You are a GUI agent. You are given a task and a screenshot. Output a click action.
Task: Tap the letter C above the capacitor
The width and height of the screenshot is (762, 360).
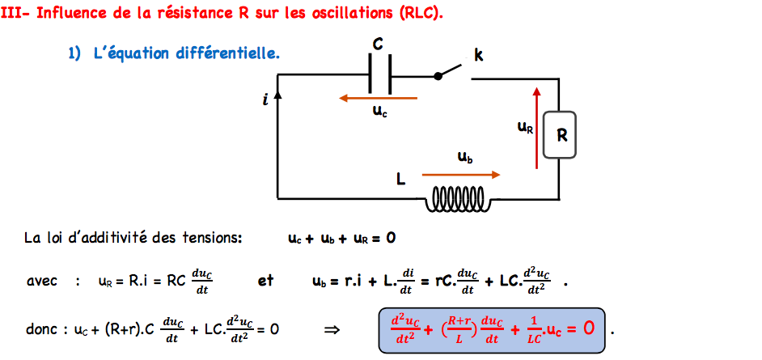point(378,43)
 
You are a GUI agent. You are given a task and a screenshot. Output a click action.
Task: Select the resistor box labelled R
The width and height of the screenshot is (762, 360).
point(561,136)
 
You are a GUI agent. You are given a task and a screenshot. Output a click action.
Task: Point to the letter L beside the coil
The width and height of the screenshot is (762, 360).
point(400,179)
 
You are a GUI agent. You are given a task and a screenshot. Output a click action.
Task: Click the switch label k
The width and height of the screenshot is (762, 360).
point(478,55)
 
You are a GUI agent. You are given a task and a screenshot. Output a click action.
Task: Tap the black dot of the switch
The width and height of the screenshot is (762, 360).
point(438,76)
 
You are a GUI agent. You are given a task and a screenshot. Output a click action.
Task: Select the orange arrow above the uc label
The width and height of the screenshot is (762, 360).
point(379,99)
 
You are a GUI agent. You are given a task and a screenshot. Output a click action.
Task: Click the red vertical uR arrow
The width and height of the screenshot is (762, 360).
point(536,122)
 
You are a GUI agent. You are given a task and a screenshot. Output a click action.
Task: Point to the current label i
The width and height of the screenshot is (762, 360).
point(265,100)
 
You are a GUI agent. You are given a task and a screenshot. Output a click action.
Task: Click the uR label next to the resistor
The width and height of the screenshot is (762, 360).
point(525,126)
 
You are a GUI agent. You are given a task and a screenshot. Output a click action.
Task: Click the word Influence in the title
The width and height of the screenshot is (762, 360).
point(78,15)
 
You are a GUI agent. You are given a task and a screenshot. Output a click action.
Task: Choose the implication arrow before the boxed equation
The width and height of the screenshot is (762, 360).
point(330,329)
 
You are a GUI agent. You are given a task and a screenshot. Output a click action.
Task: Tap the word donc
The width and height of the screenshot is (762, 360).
point(41,329)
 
